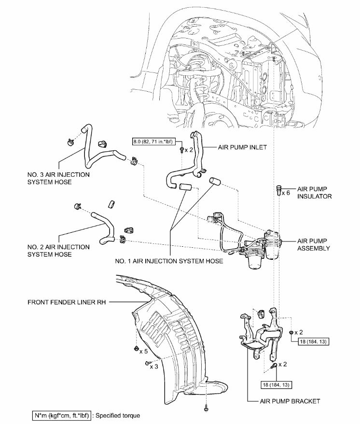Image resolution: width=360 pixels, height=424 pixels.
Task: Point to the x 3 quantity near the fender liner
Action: [x=154, y=367]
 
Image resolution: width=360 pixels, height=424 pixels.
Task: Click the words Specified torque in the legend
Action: [x=121, y=415]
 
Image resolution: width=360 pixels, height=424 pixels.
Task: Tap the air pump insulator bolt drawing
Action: [x=278, y=189]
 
